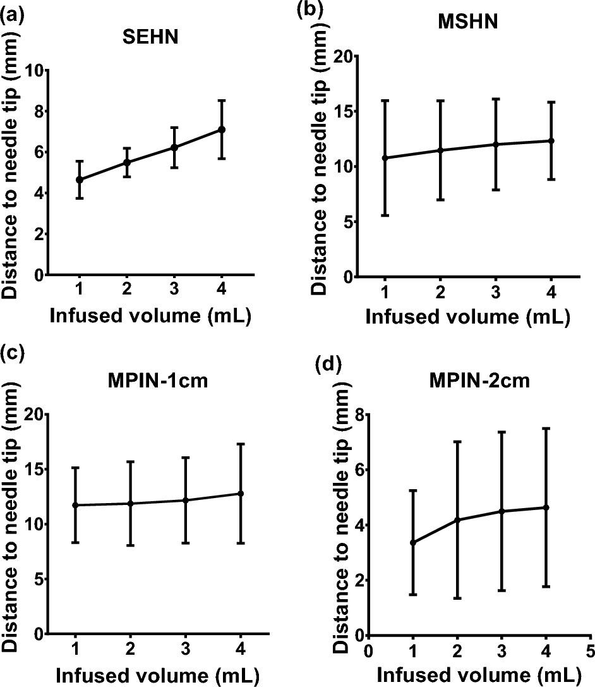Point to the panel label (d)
click(x=328, y=365)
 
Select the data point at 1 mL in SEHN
click(x=79, y=179)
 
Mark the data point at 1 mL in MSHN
click(x=385, y=158)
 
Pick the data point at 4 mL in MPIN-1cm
click(x=240, y=493)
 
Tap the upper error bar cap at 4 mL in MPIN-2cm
click(x=546, y=429)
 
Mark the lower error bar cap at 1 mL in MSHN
click(x=385, y=216)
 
